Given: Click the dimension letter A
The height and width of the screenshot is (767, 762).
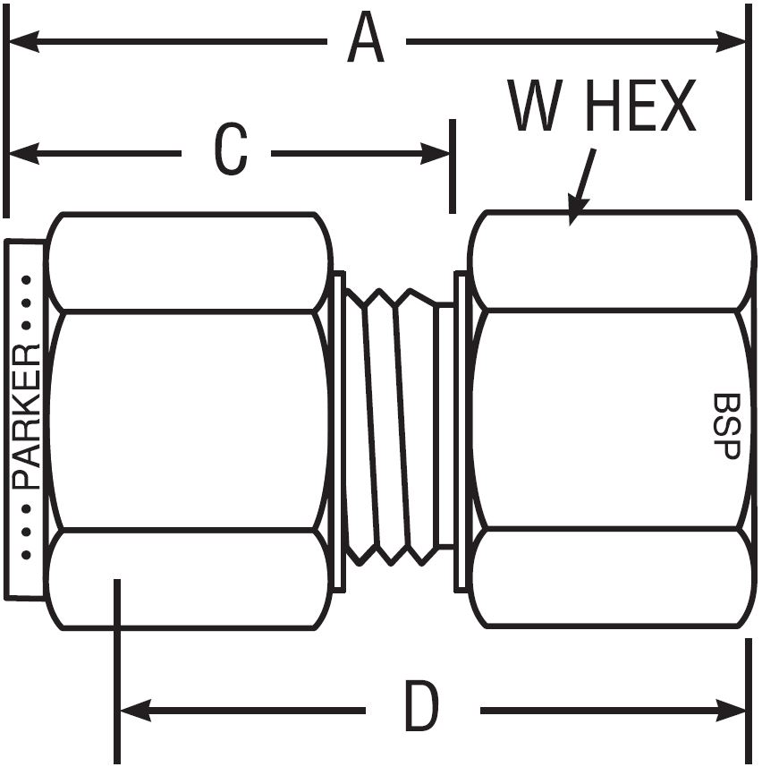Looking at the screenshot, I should [366, 41].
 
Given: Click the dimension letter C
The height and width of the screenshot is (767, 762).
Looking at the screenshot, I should [230, 152].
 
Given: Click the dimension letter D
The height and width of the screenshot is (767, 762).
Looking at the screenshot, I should [422, 709].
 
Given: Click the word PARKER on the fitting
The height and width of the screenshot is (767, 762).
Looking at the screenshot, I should [28, 415].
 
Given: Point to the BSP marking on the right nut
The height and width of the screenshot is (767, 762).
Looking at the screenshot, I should [726, 426].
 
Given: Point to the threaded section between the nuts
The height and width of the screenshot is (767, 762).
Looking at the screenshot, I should [394, 426].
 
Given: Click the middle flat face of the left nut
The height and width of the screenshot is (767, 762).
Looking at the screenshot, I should [188, 421].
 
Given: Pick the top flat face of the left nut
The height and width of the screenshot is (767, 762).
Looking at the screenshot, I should [188, 262].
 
